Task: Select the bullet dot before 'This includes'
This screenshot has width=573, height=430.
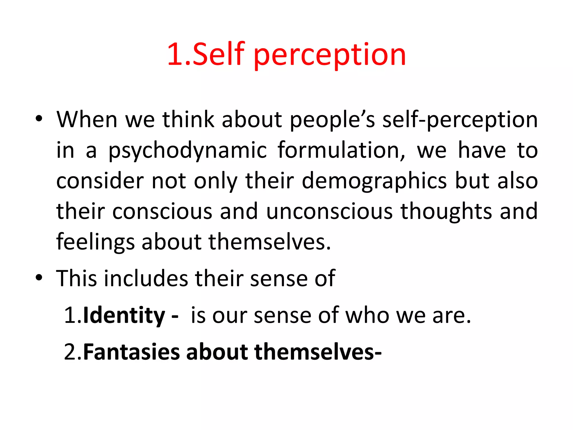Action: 39,277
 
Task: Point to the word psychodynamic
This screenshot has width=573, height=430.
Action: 187,151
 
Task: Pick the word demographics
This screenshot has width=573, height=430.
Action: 374,181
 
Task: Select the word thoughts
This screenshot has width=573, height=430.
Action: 446,211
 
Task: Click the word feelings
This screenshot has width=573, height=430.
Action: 95,242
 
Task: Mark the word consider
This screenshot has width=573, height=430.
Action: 100,181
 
